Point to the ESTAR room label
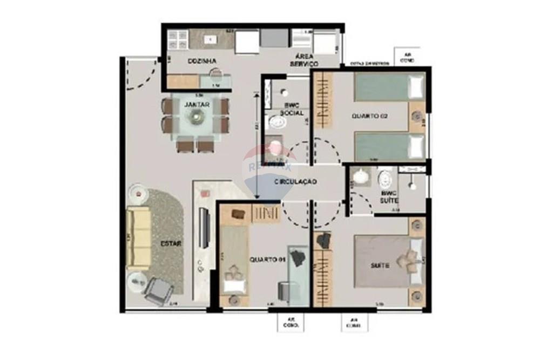170,243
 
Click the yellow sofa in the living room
138,239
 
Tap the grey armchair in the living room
157,291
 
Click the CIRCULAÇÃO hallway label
295,182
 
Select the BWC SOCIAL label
292,109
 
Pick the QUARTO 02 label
370,116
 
